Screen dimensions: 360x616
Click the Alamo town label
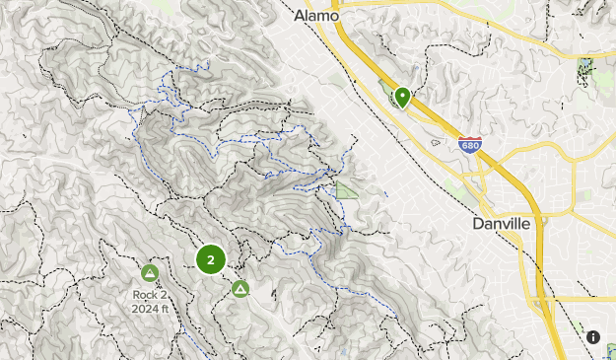[x=316, y=16]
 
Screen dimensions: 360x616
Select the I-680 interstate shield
[x=470, y=145]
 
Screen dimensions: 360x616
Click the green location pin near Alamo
[x=401, y=97]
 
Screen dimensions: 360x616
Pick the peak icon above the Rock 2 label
[x=150, y=272]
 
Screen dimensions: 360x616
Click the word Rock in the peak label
[x=144, y=294]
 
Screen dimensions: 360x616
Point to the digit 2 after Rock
[x=164, y=294]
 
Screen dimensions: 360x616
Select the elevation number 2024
[x=145, y=308]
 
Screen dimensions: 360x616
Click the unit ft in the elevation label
[x=167, y=308]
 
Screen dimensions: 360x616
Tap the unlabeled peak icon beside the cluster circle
[x=240, y=289]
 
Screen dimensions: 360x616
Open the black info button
[x=593, y=337]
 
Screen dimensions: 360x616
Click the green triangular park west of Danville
[x=347, y=189]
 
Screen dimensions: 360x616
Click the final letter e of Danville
[x=525, y=225]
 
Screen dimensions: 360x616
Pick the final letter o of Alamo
[x=334, y=16]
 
